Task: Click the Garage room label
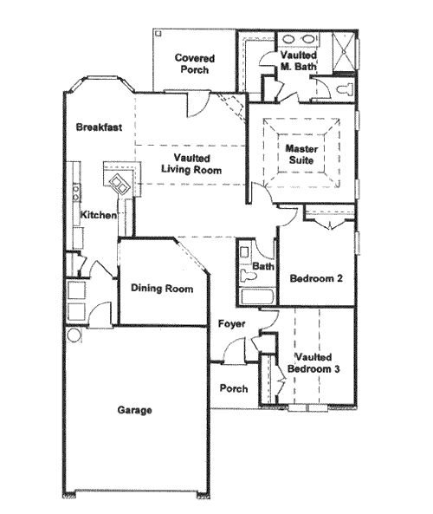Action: click(134, 410)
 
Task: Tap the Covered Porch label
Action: click(195, 63)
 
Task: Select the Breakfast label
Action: click(99, 127)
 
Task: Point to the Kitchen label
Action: click(98, 215)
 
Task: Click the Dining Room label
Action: click(162, 288)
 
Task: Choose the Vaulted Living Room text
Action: click(191, 164)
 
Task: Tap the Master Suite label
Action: click(301, 154)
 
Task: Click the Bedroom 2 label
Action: click(316, 278)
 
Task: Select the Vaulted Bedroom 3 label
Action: click(313, 363)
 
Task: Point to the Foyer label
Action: click(231, 324)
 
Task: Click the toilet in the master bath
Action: click(345, 89)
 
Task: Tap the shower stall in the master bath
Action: click(344, 51)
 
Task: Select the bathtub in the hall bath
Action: click(257, 296)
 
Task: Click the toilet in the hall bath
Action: click(248, 276)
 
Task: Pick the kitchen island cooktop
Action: click(120, 185)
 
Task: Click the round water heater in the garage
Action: click(74, 335)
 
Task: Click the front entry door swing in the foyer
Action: click(234, 349)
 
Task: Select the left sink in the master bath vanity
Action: click(289, 39)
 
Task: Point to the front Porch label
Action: click(234, 388)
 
